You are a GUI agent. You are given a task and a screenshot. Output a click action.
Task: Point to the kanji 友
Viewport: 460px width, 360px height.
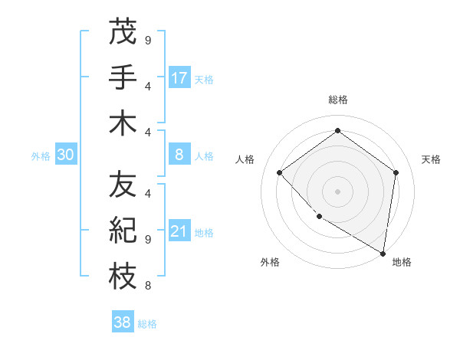[122, 184]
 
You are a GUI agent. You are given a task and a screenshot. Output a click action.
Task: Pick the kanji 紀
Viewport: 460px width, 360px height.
[122, 231]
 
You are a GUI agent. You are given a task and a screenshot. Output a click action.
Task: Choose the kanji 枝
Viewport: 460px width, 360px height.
[122, 277]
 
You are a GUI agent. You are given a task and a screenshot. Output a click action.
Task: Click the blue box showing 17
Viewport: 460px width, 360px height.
[179, 78]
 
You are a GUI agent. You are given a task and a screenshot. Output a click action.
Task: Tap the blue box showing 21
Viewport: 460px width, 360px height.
[179, 232]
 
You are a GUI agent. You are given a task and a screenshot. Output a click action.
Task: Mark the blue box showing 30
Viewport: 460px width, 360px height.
[66, 155]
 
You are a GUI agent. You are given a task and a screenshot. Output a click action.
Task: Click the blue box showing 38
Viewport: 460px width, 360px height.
[122, 322]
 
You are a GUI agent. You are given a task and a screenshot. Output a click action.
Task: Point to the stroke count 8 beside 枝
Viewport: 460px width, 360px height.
[147, 286]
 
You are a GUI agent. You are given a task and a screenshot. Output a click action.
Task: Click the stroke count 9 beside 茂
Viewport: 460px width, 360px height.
[147, 40]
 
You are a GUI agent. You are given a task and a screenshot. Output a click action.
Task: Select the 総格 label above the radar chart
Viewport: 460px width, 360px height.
[337, 100]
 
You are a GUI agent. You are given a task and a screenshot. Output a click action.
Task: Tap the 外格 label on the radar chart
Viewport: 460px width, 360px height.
[270, 262]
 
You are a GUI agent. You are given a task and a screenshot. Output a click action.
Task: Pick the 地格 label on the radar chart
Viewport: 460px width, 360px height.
[402, 262]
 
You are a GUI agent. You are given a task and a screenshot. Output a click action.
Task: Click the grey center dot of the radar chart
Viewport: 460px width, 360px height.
[337, 191]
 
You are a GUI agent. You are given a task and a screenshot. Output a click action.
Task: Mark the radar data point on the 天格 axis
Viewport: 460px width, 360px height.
[396, 172]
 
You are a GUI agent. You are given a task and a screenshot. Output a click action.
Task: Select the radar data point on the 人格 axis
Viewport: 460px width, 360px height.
[280, 172]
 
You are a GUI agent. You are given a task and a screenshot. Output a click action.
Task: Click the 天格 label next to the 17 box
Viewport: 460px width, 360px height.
[204, 79]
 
